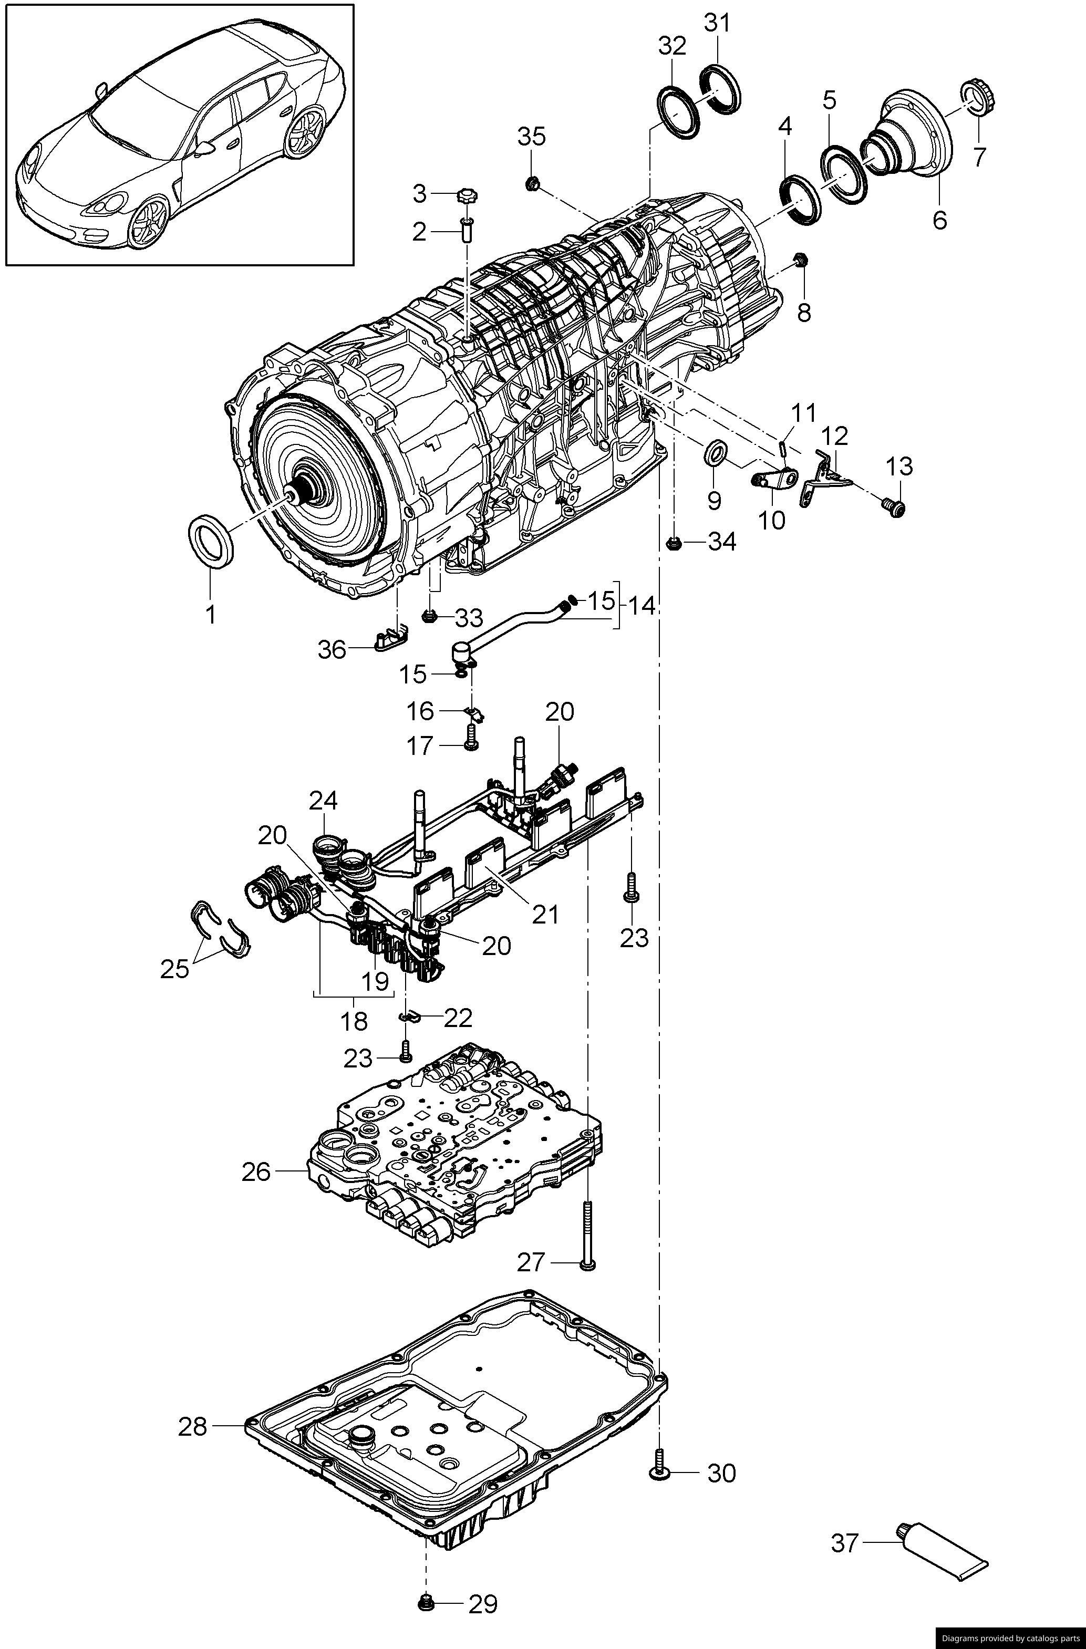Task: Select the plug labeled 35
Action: click(533, 184)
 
